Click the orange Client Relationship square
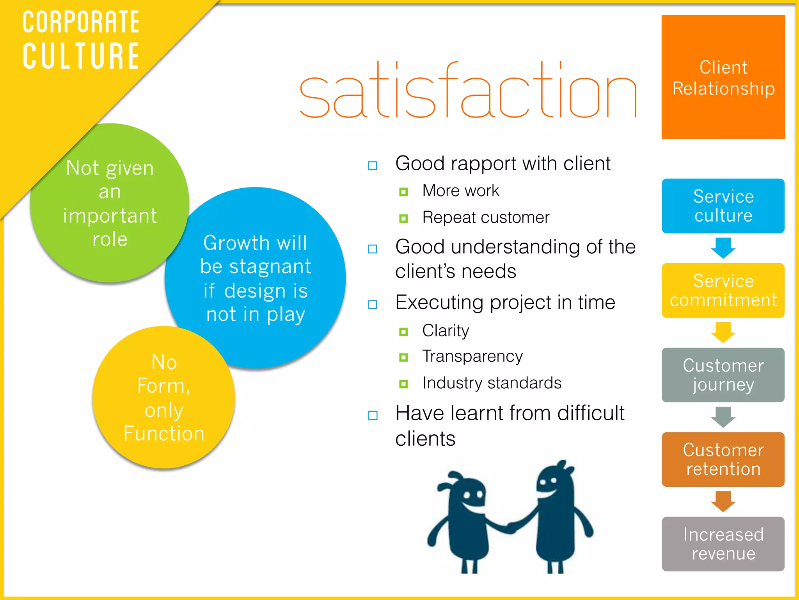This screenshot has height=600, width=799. pyautogui.click(x=723, y=77)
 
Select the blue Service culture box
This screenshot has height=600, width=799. pyautogui.click(x=723, y=206)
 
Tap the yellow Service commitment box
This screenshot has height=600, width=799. pyautogui.click(x=723, y=290)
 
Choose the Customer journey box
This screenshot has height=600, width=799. pyautogui.click(x=723, y=375)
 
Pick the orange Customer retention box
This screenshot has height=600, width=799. pyautogui.click(x=723, y=459)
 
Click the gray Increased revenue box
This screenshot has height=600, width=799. pyautogui.click(x=723, y=544)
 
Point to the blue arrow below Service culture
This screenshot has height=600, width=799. pyautogui.click(x=723, y=248)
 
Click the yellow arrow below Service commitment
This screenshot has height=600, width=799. pyautogui.click(x=723, y=332)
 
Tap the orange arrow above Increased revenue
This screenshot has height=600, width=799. pyautogui.click(x=723, y=501)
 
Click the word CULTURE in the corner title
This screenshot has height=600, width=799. pyautogui.click(x=81, y=56)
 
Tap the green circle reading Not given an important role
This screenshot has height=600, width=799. pyautogui.click(x=110, y=203)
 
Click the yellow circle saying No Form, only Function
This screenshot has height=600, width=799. pyautogui.click(x=164, y=398)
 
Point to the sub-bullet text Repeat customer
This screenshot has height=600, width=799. pyautogui.click(x=486, y=217)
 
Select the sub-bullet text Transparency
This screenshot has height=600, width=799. pyautogui.click(x=472, y=356)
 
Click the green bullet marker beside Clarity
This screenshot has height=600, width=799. pyautogui.click(x=403, y=332)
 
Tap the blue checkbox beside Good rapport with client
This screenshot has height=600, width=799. pyautogui.click(x=373, y=166)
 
